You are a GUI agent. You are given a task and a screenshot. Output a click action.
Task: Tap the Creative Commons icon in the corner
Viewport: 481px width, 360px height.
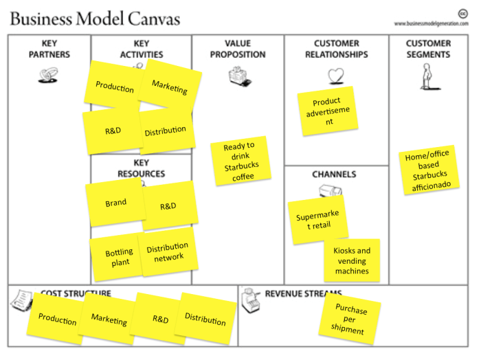462,13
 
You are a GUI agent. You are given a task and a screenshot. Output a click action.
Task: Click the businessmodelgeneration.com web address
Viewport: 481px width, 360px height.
431,23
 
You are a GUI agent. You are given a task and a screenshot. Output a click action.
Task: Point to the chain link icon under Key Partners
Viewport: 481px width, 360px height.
47,76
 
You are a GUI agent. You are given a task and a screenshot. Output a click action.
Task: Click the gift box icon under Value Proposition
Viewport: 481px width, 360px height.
237,76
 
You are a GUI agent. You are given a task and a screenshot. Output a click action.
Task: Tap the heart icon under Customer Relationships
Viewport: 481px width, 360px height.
335,75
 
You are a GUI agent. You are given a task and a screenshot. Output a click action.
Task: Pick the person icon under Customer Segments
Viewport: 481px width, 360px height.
427,76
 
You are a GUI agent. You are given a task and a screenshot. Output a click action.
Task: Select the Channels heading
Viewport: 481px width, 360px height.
334,175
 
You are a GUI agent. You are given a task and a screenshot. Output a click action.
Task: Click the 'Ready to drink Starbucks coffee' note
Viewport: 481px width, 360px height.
238,161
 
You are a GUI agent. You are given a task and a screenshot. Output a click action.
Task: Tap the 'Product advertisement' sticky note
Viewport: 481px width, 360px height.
328,111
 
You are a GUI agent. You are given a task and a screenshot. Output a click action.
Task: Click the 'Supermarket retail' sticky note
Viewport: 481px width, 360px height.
317,220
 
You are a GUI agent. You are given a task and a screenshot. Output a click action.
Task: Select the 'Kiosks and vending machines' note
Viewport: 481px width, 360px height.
352,260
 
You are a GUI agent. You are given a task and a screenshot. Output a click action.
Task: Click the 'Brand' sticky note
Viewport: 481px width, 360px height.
115,203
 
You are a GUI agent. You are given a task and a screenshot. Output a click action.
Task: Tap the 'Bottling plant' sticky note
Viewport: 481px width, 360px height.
116,257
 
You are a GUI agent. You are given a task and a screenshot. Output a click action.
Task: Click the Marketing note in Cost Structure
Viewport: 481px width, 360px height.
109,320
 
